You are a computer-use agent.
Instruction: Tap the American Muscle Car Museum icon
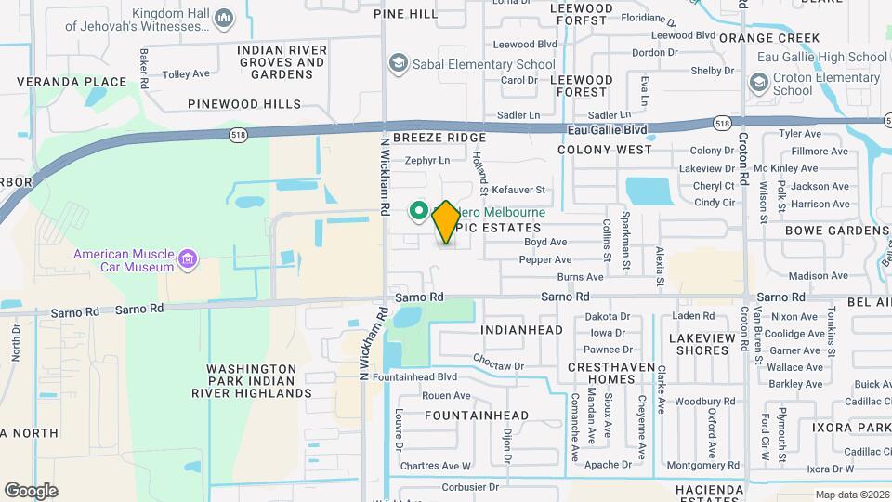coord(189,258)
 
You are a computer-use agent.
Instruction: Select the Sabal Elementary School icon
coord(399,64)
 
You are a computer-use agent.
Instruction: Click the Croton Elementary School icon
coord(759,84)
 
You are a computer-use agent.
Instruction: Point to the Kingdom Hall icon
coord(223,18)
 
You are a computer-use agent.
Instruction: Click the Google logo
coord(31,490)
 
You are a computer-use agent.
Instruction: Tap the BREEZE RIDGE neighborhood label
coord(439,137)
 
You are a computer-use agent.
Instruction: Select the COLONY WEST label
coord(605,149)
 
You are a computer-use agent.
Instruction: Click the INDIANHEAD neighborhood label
coord(522,330)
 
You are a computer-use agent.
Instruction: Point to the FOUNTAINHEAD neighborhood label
coord(477,416)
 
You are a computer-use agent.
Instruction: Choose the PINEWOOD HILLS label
coord(243,103)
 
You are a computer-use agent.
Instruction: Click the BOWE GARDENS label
coord(836,230)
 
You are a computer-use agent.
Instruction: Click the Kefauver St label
coord(518,189)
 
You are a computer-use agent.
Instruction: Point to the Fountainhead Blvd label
coord(414,377)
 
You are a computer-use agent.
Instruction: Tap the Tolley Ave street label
coord(186,73)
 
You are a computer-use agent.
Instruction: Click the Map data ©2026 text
coord(851,495)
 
